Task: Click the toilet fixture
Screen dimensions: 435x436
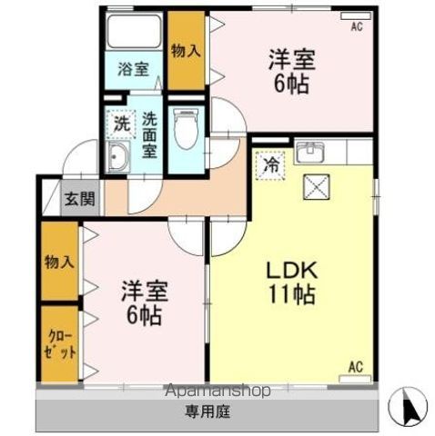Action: click(x=186, y=129)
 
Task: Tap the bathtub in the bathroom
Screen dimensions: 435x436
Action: click(x=134, y=32)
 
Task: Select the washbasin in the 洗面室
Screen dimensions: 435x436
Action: click(x=119, y=156)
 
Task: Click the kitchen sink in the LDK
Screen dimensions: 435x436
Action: click(x=310, y=153)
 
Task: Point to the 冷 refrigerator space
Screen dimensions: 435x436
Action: click(x=270, y=166)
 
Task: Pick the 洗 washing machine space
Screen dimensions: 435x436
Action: click(x=121, y=124)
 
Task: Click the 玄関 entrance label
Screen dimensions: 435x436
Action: click(x=80, y=199)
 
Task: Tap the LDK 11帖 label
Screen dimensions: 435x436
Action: click(x=292, y=282)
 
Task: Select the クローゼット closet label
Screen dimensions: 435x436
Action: click(x=59, y=345)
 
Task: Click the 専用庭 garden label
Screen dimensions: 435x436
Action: click(x=207, y=411)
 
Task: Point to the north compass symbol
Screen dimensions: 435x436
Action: click(x=408, y=406)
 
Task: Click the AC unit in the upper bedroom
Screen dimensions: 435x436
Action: click(x=356, y=16)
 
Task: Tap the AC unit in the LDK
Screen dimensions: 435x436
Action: click(x=356, y=379)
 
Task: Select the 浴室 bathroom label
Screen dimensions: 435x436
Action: click(x=134, y=69)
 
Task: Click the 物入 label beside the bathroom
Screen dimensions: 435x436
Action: click(x=186, y=51)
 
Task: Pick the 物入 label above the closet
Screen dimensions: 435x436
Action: click(x=59, y=262)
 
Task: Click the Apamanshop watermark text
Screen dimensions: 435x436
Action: click(x=217, y=391)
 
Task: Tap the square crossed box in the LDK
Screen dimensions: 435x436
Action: click(x=317, y=187)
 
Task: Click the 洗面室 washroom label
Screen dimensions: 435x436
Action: click(x=149, y=134)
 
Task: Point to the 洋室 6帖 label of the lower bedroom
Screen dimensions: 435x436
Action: click(x=145, y=303)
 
